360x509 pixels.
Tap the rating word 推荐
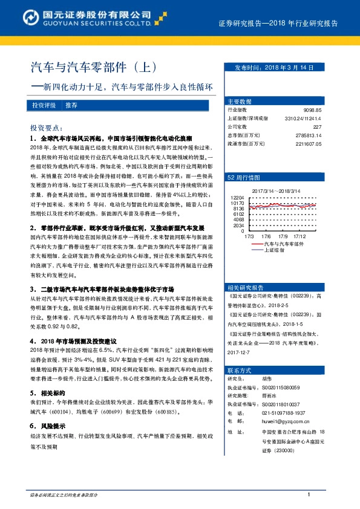coord(71,105)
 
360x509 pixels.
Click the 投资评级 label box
coord(44,105)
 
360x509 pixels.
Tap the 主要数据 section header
coord(239,101)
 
